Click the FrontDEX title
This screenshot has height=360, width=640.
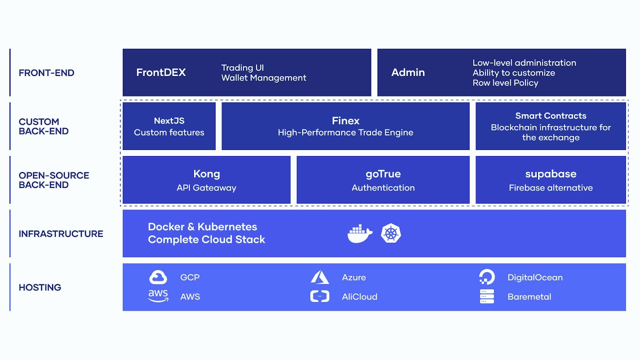tap(161, 72)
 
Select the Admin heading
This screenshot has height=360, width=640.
tap(408, 72)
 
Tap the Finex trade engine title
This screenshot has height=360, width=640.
tap(346, 121)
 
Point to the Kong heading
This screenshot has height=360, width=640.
tap(206, 174)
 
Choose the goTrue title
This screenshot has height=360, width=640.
tap(383, 174)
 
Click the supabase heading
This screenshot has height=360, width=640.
tap(551, 174)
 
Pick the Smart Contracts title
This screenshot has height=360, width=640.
tap(551, 116)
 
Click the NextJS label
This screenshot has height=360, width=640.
tap(169, 121)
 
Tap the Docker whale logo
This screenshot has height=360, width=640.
tap(360, 234)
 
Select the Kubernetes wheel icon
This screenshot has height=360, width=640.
tap(391, 234)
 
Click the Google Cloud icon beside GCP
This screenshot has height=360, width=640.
tap(158, 277)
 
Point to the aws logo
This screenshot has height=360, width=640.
tap(158, 296)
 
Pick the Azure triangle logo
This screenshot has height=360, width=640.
tap(320, 277)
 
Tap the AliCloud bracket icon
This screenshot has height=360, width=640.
tap(320, 296)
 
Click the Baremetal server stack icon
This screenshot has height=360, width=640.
tap(487, 296)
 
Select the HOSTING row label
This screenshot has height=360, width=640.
tap(40, 288)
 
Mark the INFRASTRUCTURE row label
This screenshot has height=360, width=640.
tap(61, 234)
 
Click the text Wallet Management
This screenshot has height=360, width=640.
tap(264, 78)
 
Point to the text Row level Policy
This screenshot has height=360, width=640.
tap(505, 83)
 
